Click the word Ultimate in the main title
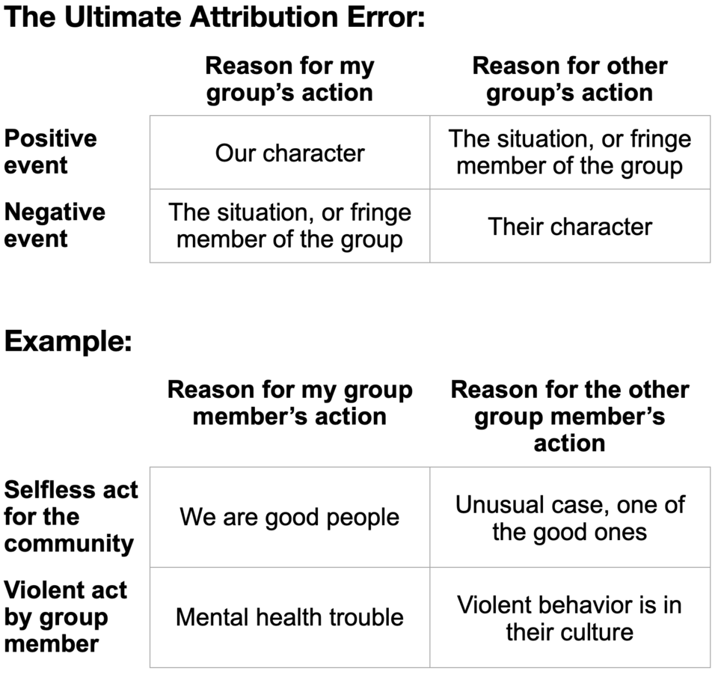click(x=122, y=16)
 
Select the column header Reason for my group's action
click(x=289, y=79)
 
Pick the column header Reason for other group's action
click(x=569, y=79)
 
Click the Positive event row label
click(x=51, y=151)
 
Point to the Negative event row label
click(x=55, y=224)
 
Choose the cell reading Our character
click(x=289, y=153)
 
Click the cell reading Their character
click(x=569, y=226)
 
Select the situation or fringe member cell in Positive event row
click(x=569, y=152)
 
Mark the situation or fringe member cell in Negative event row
click(x=289, y=226)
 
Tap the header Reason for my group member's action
click(x=289, y=402)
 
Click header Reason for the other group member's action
click(x=569, y=416)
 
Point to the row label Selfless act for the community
click(x=70, y=516)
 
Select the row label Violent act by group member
click(x=66, y=616)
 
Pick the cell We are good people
click(x=289, y=517)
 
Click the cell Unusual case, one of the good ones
click(x=569, y=517)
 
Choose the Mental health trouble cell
click(x=289, y=617)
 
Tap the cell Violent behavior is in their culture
click(x=569, y=617)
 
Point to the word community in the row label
click(x=69, y=543)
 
